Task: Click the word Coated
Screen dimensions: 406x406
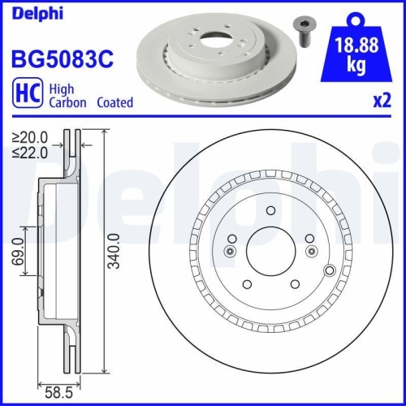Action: [x=115, y=103]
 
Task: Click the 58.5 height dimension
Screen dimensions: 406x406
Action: [x=56, y=392]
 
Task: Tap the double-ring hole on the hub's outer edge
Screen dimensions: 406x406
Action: [x=329, y=270]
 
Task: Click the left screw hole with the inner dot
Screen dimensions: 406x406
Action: [x=231, y=251]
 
